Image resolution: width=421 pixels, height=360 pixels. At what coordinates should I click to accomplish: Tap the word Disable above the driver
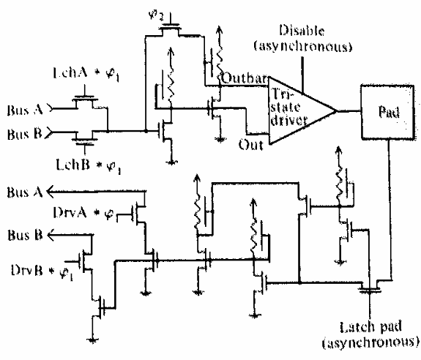(x=302, y=30)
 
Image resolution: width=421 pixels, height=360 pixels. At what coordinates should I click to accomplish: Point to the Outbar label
(x=245, y=78)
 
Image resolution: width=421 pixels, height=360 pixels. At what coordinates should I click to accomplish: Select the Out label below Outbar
(x=251, y=145)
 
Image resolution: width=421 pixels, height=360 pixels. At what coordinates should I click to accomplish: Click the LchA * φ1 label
(x=86, y=74)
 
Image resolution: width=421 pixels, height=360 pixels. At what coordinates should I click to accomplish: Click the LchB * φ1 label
(x=89, y=165)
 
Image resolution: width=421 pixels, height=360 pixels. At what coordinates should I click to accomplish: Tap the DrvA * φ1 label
(x=83, y=214)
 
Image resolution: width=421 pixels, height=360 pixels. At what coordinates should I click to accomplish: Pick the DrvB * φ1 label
(x=42, y=271)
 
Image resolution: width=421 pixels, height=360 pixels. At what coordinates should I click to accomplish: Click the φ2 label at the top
(x=156, y=15)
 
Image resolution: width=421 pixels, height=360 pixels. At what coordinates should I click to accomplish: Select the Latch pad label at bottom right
(x=370, y=327)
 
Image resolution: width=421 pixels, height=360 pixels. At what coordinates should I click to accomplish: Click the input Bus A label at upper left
(x=25, y=110)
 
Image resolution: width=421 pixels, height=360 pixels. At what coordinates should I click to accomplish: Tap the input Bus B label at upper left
(x=24, y=134)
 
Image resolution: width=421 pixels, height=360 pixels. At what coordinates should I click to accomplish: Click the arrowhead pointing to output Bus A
(x=51, y=192)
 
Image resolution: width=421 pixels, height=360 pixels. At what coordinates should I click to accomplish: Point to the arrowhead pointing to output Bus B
(x=51, y=235)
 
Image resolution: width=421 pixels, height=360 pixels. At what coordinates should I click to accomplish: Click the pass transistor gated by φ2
(x=171, y=28)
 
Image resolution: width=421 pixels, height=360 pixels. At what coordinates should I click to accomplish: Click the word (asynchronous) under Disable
(x=303, y=46)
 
